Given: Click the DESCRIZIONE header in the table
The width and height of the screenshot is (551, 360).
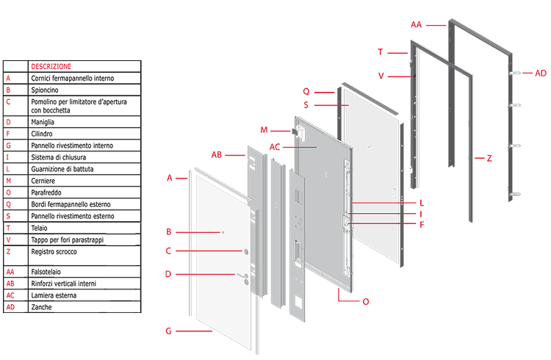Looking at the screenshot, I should (x=51, y=66).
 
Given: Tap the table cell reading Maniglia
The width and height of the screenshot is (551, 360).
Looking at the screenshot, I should (x=44, y=122).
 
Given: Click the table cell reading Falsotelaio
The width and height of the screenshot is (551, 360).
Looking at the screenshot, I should (x=48, y=272).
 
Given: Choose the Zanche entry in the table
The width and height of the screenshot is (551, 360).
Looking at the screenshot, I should (x=43, y=307).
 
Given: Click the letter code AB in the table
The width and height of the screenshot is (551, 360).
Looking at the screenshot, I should (x=10, y=284).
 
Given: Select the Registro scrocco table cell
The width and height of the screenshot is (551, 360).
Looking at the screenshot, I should (x=56, y=251).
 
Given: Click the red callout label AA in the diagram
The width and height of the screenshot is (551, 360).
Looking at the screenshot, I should (x=416, y=24).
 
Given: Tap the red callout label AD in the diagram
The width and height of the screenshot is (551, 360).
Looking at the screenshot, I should (x=541, y=73).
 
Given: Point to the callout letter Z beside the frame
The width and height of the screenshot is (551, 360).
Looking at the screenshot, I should (x=489, y=158).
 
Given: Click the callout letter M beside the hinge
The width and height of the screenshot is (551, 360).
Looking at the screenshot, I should (x=264, y=130).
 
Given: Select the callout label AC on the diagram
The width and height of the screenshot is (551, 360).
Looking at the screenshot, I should (x=275, y=147).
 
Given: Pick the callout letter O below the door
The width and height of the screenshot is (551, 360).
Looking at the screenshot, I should (x=366, y=301).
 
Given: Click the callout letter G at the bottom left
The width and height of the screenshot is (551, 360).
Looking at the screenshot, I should (x=168, y=331).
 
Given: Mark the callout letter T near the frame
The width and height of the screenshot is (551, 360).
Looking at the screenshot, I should (x=381, y=51).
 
